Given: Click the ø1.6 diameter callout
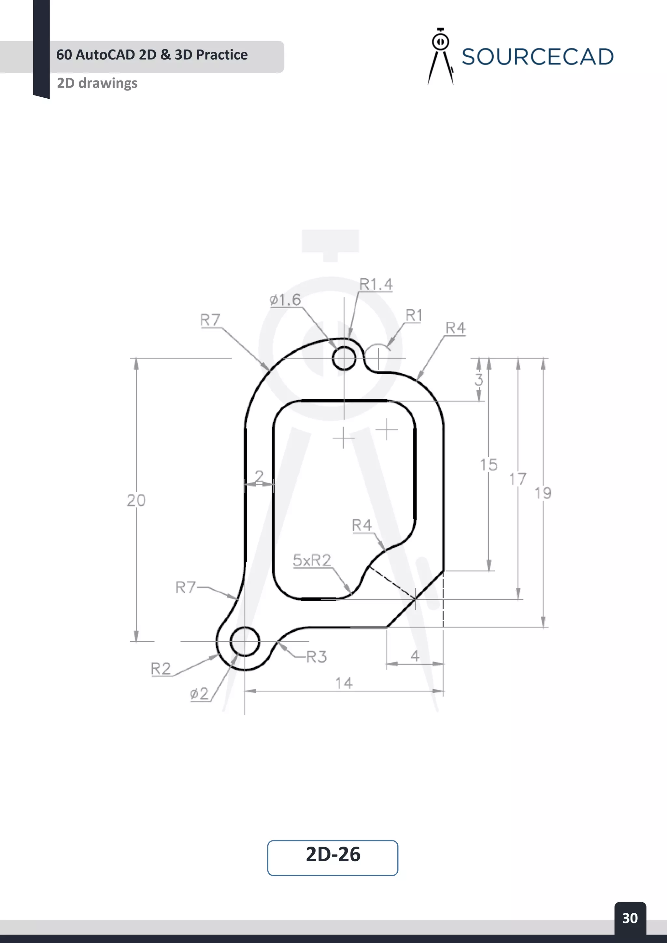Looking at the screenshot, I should pyautogui.click(x=285, y=300).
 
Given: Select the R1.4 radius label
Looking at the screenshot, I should pyautogui.click(x=376, y=284).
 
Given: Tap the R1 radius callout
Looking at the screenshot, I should pyautogui.click(x=414, y=316).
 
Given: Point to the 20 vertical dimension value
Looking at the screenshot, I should pyautogui.click(x=136, y=500).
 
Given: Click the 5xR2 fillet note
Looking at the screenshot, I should pyautogui.click(x=312, y=560).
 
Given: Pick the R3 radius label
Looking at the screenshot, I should pyautogui.click(x=317, y=657).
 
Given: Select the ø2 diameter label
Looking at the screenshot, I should pyautogui.click(x=199, y=694).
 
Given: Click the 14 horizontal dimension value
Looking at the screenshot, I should pyautogui.click(x=344, y=683).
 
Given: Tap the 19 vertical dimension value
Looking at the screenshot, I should pyautogui.click(x=543, y=493).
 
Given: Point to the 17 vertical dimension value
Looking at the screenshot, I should pyautogui.click(x=518, y=479).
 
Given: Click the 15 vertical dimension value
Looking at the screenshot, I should pyautogui.click(x=489, y=465).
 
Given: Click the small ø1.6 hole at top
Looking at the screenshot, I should pyautogui.click(x=344, y=358).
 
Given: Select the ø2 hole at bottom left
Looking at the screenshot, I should pyautogui.click(x=245, y=641).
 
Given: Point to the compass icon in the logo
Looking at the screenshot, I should pyautogui.click(x=440, y=57).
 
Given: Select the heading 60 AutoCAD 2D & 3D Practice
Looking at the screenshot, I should pyautogui.click(x=152, y=55).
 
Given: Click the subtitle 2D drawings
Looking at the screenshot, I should pyautogui.click(x=97, y=83).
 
